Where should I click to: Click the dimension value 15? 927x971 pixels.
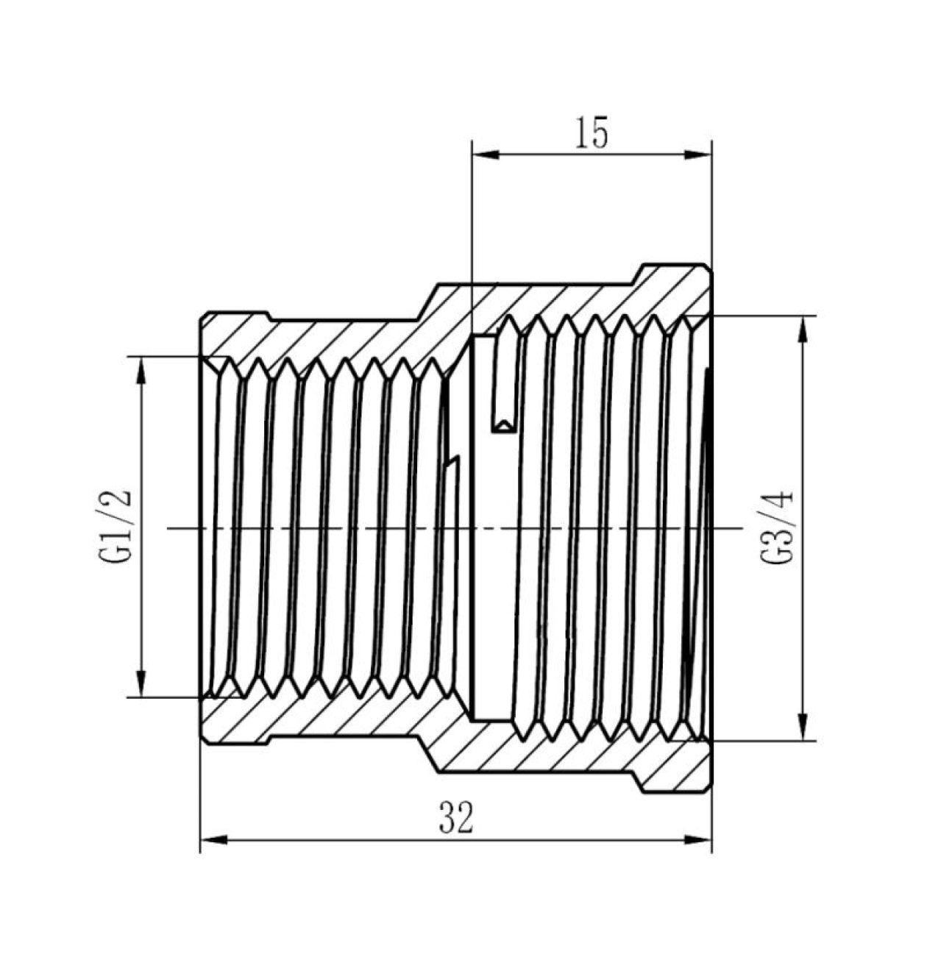click(592, 133)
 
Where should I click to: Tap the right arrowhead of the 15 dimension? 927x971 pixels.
click(698, 154)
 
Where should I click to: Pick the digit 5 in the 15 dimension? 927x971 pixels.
click(600, 133)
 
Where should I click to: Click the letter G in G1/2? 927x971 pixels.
click(115, 553)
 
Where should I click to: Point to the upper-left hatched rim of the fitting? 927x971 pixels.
click(236, 336)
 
